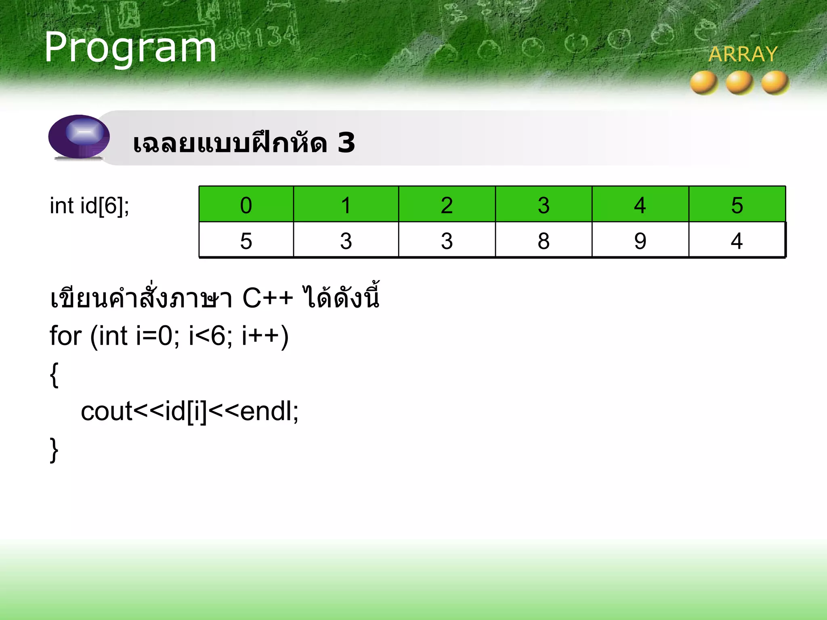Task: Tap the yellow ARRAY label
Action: (743, 54)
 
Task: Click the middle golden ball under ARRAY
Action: (739, 83)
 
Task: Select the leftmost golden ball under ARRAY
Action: (704, 83)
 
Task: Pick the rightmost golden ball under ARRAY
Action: (775, 83)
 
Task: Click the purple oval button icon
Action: (79, 136)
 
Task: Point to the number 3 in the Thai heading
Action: (346, 143)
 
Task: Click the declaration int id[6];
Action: (89, 206)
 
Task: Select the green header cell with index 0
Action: (246, 205)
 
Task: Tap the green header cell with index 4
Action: (640, 205)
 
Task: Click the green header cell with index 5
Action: (737, 205)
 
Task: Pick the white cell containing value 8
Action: (544, 241)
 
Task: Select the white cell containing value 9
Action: (640, 241)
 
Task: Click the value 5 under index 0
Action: (246, 241)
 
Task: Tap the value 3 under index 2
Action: (447, 241)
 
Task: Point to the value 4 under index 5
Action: (737, 241)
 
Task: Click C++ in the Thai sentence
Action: (267, 299)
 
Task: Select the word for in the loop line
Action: (65, 336)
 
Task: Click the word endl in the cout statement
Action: (266, 412)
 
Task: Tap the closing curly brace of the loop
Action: (54, 450)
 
